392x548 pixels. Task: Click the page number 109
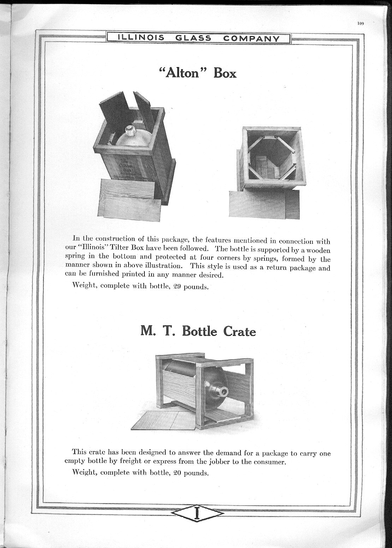(360, 24)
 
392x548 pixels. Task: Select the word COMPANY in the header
(251, 38)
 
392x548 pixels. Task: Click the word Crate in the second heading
(239, 332)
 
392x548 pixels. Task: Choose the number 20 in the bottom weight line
(178, 473)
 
